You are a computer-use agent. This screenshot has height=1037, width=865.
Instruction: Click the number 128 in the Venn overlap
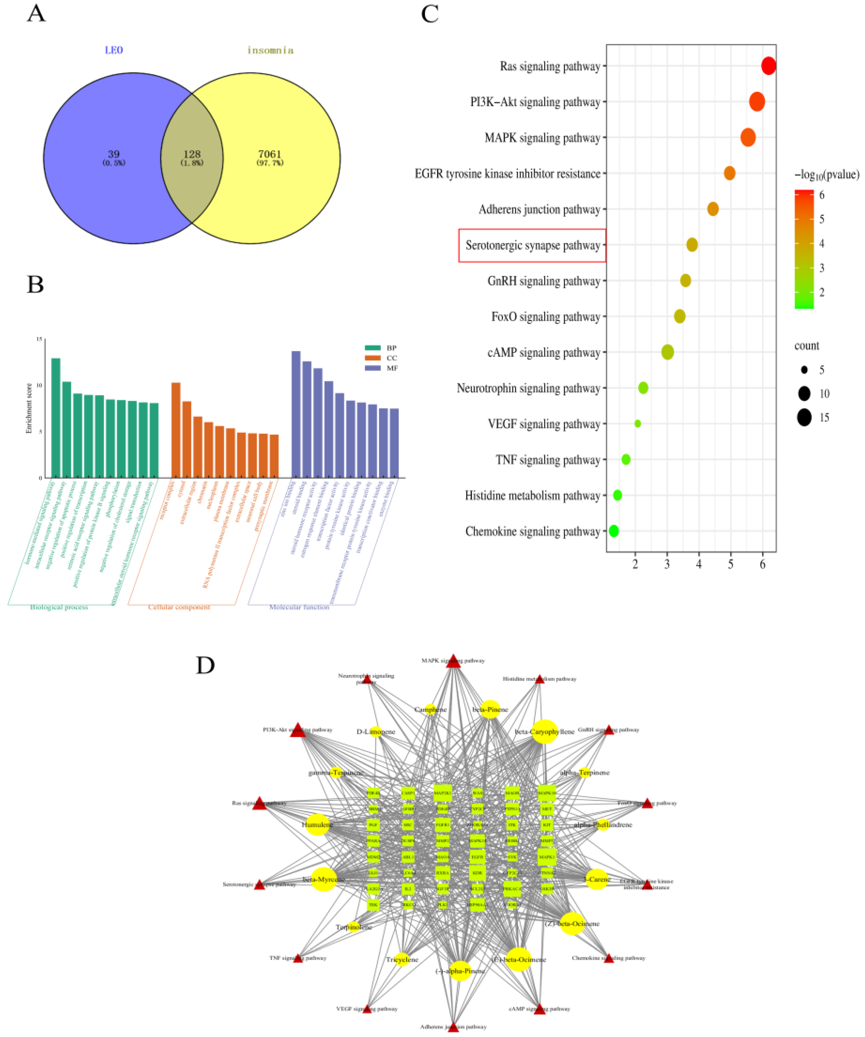(192, 154)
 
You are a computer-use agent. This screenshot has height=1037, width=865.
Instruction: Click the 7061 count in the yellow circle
(270, 154)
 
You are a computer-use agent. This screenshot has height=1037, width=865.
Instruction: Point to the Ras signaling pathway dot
(768, 66)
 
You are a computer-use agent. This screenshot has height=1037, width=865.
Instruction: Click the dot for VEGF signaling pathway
(637, 424)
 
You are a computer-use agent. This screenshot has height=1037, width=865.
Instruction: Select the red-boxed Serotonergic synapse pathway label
(532, 246)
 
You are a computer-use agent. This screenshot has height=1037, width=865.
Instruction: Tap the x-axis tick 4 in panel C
(699, 564)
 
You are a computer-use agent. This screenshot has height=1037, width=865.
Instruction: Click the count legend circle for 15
(804, 418)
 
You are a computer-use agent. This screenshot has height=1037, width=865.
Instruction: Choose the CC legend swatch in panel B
(373, 358)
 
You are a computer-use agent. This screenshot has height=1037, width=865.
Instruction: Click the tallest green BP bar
(56, 417)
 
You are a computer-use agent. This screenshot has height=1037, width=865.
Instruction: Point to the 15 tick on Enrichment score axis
(39, 339)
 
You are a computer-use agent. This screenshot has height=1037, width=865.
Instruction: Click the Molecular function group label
(299, 607)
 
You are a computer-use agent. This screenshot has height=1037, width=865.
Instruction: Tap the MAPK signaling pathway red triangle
(453, 661)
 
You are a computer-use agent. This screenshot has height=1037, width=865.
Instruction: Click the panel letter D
(205, 665)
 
